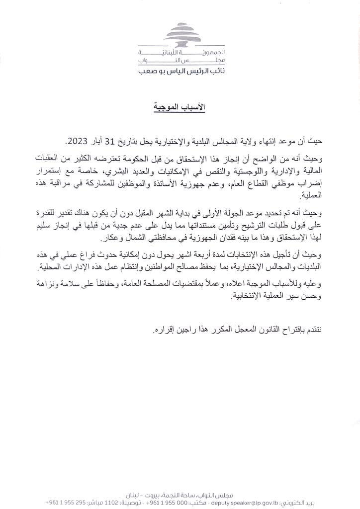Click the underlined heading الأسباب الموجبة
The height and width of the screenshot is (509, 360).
(180, 107)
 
